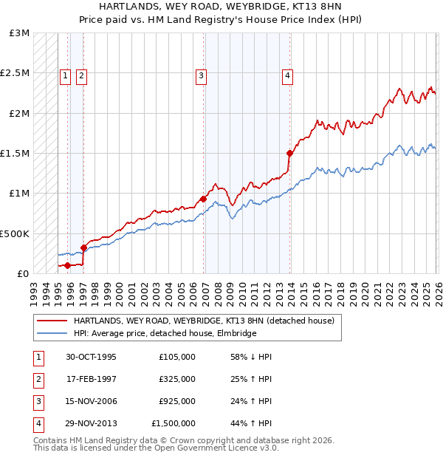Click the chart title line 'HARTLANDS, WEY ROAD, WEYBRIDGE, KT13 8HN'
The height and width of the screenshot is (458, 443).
(221, 7)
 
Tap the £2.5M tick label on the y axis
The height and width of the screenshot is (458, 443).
(15, 73)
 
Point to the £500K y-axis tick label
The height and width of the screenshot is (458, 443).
(15, 233)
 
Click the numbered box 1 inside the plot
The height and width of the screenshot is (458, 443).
(65, 75)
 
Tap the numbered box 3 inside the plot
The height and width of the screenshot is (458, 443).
(201, 75)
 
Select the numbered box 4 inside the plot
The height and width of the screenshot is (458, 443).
(287, 75)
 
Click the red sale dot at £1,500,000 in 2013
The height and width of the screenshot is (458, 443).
(289, 154)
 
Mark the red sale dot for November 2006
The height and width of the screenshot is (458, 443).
(203, 199)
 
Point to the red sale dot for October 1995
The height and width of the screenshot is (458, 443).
(67, 264)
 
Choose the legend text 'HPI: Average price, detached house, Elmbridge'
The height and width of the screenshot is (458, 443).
(165, 333)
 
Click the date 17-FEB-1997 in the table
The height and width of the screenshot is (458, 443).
(92, 379)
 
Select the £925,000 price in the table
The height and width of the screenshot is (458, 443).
(177, 401)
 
